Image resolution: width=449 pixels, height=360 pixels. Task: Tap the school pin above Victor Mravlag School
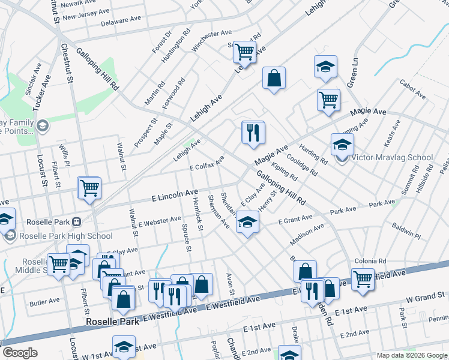342,145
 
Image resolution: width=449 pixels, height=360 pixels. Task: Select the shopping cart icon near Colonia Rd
363,278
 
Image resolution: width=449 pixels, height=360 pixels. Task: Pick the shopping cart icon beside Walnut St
89,188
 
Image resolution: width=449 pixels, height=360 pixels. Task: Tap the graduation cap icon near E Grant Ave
246,223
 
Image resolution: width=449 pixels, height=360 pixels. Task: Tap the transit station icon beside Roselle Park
76,221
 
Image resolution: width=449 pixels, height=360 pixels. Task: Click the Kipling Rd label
284,171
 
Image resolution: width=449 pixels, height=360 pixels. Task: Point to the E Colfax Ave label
206,163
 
